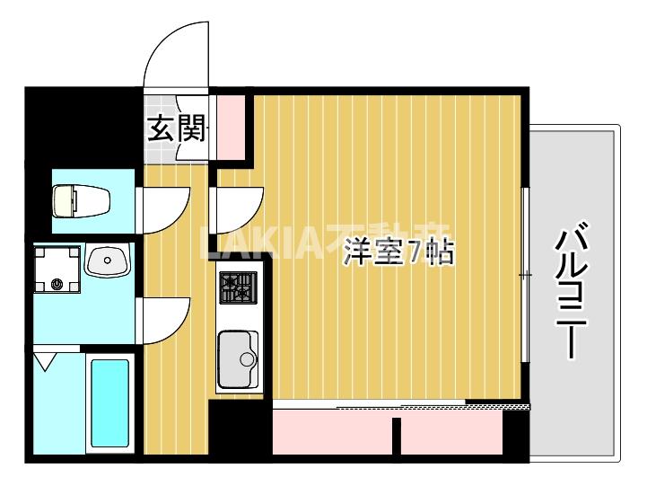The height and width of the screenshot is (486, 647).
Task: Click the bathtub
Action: pyautogui.click(x=109, y=404)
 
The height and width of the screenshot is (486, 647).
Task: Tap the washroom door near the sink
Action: pyautogui.click(x=163, y=319)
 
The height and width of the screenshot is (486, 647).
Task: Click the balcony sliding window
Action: pyautogui.click(x=526, y=274)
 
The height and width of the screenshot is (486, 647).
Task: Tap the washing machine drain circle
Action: pyautogui.click(x=58, y=284)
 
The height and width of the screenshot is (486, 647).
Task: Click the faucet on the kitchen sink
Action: pyautogui.click(x=248, y=360)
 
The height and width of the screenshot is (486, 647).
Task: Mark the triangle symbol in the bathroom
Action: pyautogui.click(x=46, y=363)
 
